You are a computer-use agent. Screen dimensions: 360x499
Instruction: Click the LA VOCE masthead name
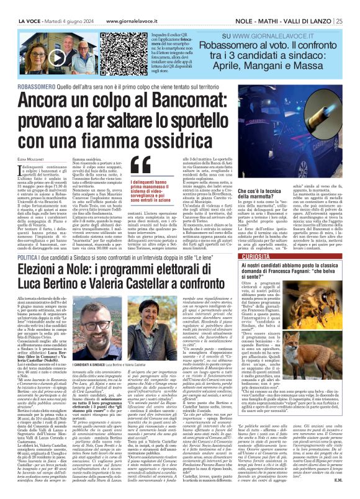click(19, 5)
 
